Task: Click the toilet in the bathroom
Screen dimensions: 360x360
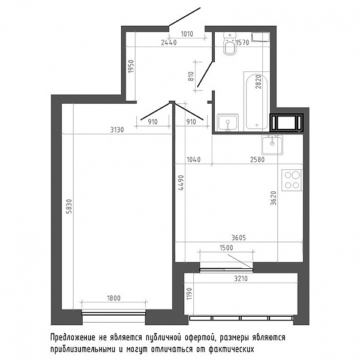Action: [230, 44]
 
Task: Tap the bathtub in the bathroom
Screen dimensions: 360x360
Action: [257, 101]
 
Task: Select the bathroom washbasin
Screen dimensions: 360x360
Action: [228, 122]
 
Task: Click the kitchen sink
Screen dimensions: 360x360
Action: [272, 145]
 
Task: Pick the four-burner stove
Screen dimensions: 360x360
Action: [292, 180]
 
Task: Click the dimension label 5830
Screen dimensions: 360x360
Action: [69, 206]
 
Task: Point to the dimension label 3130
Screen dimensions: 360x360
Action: [117, 130]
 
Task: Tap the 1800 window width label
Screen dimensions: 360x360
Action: [113, 298]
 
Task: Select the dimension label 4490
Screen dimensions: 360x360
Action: [181, 183]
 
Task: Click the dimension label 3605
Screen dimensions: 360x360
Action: [238, 238]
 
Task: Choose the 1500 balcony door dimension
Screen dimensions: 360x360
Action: [226, 248]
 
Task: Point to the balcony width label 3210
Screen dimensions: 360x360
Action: [241, 278]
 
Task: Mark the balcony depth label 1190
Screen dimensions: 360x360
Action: [189, 294]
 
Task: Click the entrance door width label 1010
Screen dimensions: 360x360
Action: [187, 34]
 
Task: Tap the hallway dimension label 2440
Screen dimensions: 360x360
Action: [169, 43]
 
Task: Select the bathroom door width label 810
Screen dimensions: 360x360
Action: [191, 76]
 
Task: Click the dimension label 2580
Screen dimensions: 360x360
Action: [257, 160]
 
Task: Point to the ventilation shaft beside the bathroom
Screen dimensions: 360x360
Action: [287, 123]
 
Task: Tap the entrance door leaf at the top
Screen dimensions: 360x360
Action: [185, 17]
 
